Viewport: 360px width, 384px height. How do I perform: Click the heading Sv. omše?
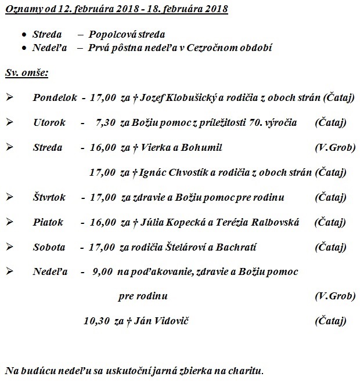26,73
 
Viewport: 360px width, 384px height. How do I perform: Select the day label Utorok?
49,122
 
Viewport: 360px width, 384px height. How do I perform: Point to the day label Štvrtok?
50,197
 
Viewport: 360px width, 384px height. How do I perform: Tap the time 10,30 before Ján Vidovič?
96,321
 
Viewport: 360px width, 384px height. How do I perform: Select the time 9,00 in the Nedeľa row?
103,271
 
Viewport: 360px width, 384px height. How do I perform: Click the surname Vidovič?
177,321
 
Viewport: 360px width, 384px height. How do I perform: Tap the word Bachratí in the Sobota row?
235,247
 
